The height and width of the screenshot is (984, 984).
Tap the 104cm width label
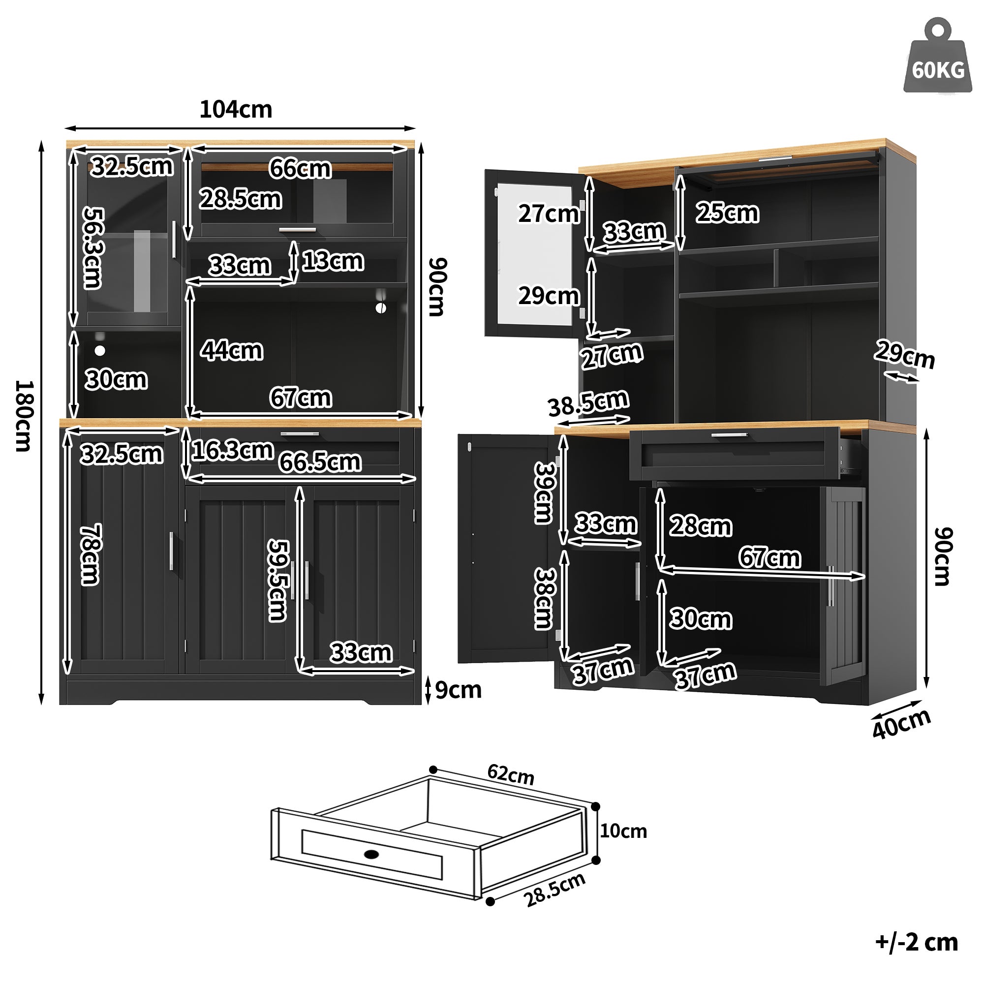[235, 110]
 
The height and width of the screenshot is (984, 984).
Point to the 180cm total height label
[25, 416]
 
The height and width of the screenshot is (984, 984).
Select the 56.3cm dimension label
[93, 247]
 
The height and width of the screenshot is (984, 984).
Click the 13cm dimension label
[333, 261]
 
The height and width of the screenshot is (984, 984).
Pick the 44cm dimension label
[232, 350]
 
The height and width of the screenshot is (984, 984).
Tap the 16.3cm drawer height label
[233, 450]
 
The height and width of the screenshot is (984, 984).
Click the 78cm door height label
[91, 554]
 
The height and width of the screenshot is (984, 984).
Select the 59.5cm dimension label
[278, 580]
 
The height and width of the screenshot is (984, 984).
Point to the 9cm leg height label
[458, 690]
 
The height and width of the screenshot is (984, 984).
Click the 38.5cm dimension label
[588, 403]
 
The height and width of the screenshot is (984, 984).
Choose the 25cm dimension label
[727, 213]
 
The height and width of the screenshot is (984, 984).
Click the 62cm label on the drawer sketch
[510, 775]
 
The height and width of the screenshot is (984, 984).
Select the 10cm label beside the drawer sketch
[623, 831]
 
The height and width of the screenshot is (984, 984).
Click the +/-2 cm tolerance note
[916, 942]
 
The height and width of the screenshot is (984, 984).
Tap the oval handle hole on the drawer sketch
[372, 854]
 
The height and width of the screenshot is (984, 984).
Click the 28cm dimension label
[700, 525]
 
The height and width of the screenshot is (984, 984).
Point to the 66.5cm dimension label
[320, 462]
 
